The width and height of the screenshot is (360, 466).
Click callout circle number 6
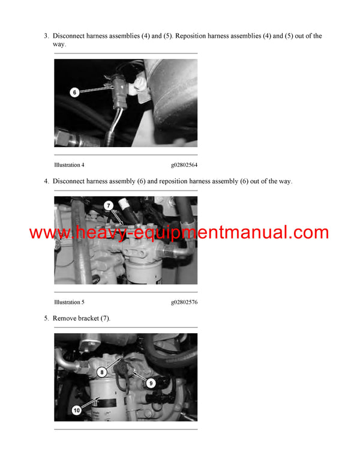pos(74,92)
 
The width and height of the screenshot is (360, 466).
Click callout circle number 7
pos(109,206)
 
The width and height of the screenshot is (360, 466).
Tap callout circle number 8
pos(102,372)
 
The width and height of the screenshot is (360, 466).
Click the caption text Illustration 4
pos(69,165)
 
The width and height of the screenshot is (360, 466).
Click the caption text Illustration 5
pos(69,302)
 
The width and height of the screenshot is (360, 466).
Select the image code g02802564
pos(184,165)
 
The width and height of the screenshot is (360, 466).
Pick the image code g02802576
pos(184,302)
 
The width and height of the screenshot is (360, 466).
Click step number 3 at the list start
pos(46,36)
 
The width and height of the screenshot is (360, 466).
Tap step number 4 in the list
pos(46,181)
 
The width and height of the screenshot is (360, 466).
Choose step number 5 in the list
pos(46,318)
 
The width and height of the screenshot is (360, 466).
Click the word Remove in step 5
pos(64,318)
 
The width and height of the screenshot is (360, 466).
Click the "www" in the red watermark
pos(46,233)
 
